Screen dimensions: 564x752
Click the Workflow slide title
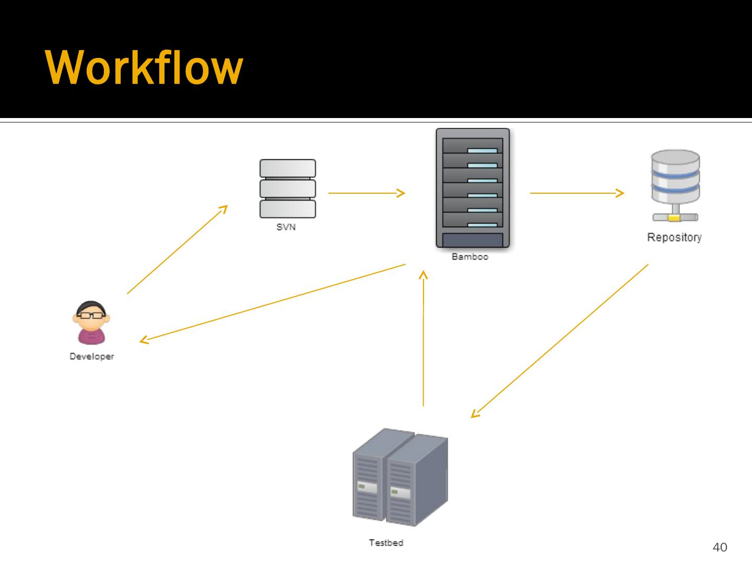(x=144, y=68)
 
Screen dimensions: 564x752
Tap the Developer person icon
(x=91, y=323)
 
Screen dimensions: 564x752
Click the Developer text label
(x=91, y=357)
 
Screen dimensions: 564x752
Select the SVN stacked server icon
(x=287, y=189)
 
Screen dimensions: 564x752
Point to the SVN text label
(x=286, y=227)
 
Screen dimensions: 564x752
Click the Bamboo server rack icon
(x=473, y=187)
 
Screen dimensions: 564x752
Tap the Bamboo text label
(x=470, y=257)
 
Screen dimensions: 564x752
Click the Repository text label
(x=674, y=238)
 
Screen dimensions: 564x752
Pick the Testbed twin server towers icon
(x=400, y=477)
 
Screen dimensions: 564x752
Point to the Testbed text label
(x=386, y=543)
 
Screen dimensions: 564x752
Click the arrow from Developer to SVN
(x=177, y=249)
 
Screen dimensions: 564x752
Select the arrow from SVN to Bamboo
(x=366, y=193)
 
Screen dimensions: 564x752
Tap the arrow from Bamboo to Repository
(x=577, y=193)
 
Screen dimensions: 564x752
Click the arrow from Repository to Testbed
(x=559, y=340)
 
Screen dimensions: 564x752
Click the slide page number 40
(x=720, y=547)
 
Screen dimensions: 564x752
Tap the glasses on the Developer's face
(x=91, y=315)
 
